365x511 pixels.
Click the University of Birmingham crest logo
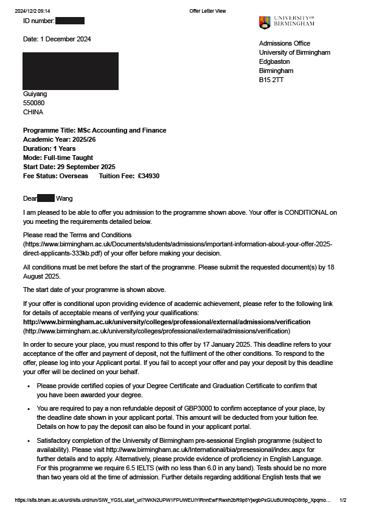click(x=264, y=23)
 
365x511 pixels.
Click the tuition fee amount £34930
click(x=148, y=176)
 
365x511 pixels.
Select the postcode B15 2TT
click(x=271, y=80)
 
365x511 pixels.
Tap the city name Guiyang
click(x=35, y=94)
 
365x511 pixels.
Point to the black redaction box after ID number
click(x=69, y=21)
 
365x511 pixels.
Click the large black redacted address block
click(x=71, y=71)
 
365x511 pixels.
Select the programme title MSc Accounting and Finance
click(x=122, y=130)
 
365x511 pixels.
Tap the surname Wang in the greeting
click(x=64, y=198)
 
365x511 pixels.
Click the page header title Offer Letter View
click(x=207, y=11)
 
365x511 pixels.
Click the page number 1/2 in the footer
click(x=342, y=499)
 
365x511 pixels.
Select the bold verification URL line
click(x=166, y=321)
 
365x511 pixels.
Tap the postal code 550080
click(x=33, y=103)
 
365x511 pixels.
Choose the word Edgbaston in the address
click(x=274, y=61)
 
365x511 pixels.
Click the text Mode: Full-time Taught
click(x=58, y=158)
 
